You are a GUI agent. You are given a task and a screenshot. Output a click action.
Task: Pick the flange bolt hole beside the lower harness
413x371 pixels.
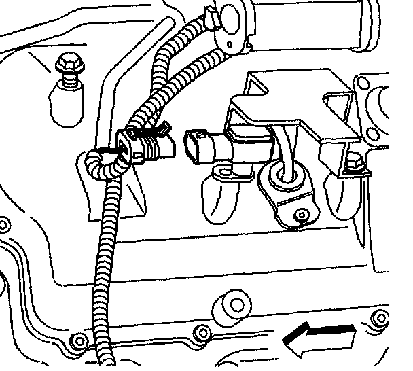point(79,338)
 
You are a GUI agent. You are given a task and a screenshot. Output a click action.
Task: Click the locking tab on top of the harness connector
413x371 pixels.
point(155,127)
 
